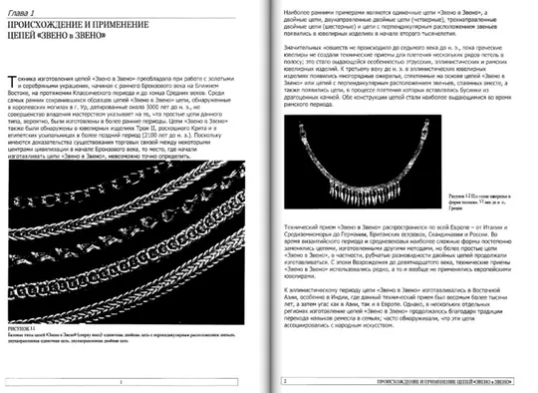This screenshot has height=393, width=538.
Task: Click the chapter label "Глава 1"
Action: pyautogui.click(x=33, y=10)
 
